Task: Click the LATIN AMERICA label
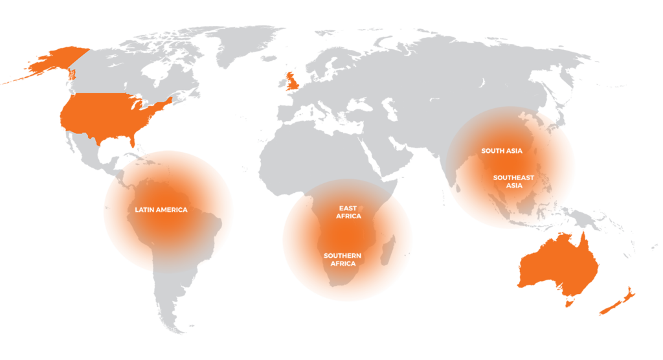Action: tap(161, 210)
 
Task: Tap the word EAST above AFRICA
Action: tap(348, 208)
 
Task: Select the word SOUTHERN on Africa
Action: tap(342, 256)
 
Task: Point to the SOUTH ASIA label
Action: tap(501, 151)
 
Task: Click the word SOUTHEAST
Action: tap(513, 177)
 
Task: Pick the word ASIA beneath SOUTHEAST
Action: tap(513, 185)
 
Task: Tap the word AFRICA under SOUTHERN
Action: tap(343, 264)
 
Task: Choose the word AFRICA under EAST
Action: tap(348, 216)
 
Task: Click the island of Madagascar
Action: tap(387, 251)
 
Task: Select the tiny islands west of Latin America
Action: tap(107, 207)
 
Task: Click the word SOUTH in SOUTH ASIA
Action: tap(491, 151)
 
